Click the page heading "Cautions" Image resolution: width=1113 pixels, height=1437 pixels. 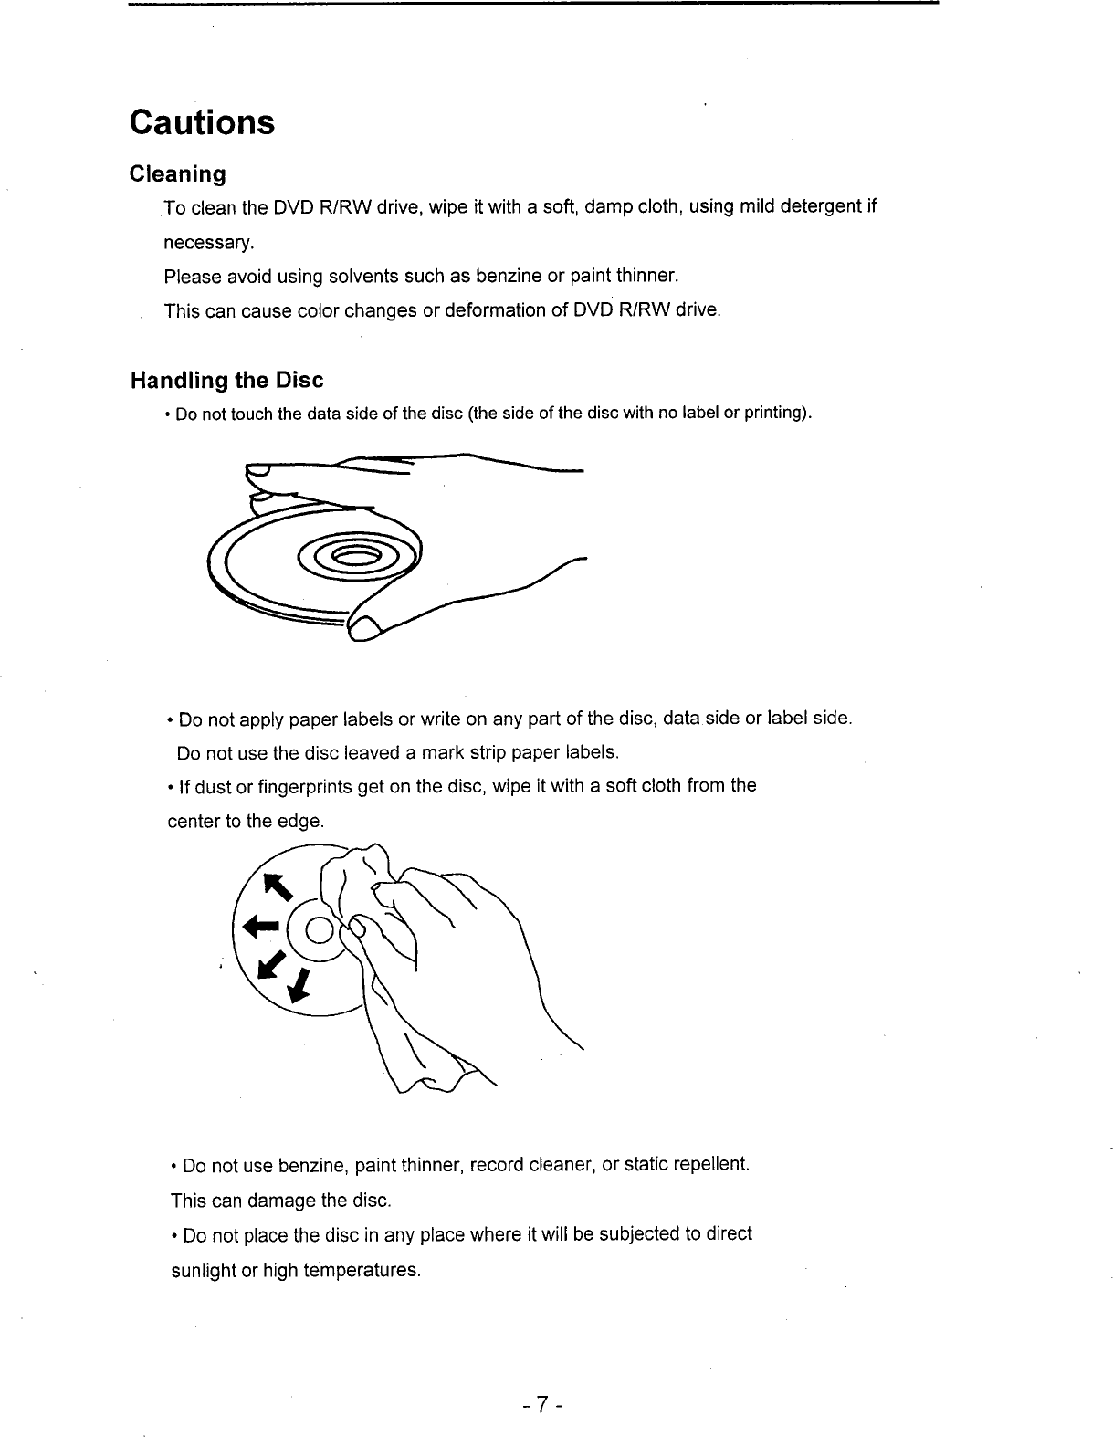pyautogui.click(x=202, y=122)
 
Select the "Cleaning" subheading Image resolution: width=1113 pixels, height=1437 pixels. pyautogui.click(x=177, y=173)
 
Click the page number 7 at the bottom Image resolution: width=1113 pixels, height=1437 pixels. pyautogui.click(x=541, y=1401)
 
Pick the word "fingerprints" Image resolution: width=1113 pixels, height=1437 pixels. pyautogui.click(x=305, y=787)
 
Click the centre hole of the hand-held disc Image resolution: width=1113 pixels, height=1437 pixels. pyautogui.click(x=354, y=559)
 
